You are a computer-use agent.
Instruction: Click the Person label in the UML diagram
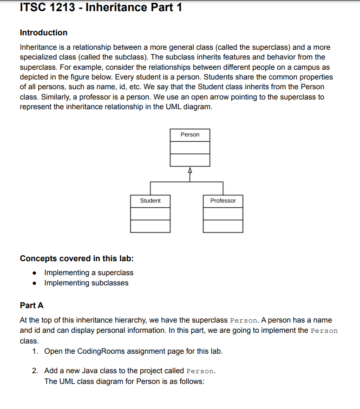point(190,135)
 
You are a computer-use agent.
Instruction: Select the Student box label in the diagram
point(150,201)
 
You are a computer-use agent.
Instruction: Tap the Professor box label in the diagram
point(223,201)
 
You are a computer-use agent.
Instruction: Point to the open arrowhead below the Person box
point(190,170)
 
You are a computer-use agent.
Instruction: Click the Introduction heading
point(44,33)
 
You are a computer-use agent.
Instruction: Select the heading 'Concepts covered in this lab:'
point(77,258)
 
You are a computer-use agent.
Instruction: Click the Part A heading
point(32,305)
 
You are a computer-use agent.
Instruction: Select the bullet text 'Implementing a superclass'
point(88,273)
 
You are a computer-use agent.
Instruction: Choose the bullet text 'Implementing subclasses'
point(86,283)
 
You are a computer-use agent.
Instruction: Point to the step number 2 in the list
point(35,371)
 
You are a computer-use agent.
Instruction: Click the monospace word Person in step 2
point(200,371)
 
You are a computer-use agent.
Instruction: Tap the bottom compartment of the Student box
point(150,226)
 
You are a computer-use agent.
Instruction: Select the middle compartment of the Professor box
point(223,214)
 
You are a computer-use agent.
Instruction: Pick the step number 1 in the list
point(35,351)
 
